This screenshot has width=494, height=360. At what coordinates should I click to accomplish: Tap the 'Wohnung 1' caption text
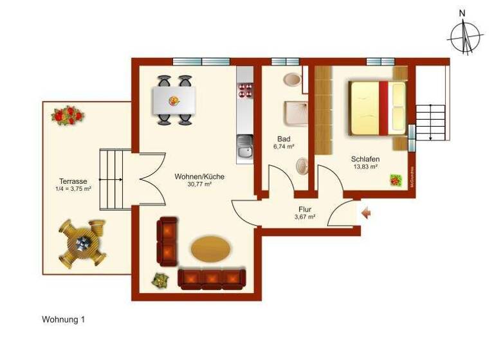tap(64, 319)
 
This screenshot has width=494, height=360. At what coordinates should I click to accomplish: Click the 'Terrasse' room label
tap(73, 181)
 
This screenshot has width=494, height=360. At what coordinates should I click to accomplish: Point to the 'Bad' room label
tap(283, 139)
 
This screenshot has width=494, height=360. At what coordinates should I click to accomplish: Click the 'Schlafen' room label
tap(365, 159)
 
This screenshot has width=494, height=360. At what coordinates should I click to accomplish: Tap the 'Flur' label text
tap(304, 209)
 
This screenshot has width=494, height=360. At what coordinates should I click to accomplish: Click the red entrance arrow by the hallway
tap(366, 213)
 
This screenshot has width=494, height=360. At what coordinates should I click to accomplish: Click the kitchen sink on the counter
tap(244, 150)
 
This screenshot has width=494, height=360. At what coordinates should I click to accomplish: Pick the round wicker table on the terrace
tap(82, 243)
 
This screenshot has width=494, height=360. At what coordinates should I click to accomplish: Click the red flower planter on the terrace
tap(68, 116)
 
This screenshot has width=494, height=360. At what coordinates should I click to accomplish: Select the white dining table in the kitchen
tap(174, 100)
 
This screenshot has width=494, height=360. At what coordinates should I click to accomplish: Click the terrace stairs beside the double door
tap(111, 180)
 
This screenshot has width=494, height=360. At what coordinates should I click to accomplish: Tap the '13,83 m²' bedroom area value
tap(365, 167)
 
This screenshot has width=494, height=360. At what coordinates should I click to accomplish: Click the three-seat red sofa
tap(212, 278)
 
